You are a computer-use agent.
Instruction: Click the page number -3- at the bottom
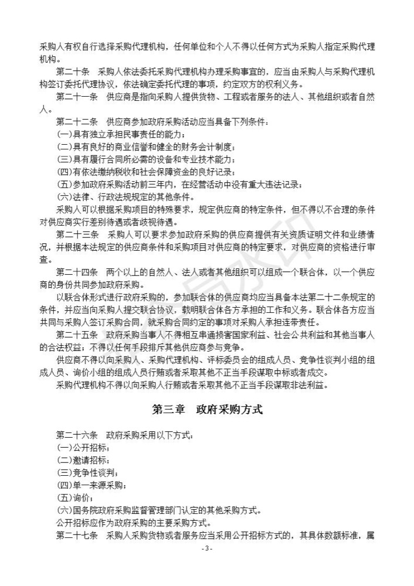(206, 548)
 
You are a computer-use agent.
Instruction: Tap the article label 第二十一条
(76, 97)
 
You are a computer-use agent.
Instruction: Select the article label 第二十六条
(76, 435)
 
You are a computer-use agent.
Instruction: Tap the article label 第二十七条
(76, 536)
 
